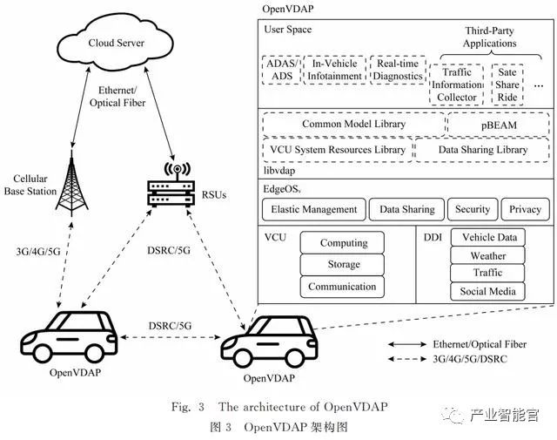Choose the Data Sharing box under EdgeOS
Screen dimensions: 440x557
click(x=406, y=209)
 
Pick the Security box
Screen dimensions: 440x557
click(x=473, y=209)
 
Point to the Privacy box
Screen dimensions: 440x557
click(x=526, y=209)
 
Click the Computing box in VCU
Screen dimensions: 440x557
click(x=343, y=243)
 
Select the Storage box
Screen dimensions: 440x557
click(x=343, y=265)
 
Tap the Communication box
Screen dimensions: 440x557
click(x=343, y=287)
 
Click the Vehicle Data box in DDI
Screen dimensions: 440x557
click(x=488, y=237)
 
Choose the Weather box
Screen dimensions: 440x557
click(x=488, y=256)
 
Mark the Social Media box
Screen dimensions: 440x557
click(x=488, y=292)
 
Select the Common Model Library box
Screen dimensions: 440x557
click(x=353, y=125)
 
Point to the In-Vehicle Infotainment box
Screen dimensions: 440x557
click(x=335, y=69)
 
